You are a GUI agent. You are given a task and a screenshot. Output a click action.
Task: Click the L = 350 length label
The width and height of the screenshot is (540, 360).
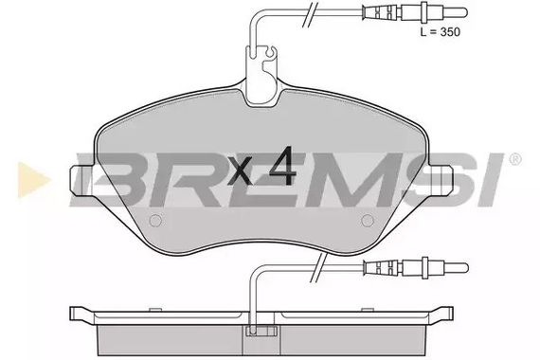pyautogui.click(x=441, y=31)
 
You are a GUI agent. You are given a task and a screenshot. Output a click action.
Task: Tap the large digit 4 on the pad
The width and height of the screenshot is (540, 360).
pyautogui.click(x=282, y=166)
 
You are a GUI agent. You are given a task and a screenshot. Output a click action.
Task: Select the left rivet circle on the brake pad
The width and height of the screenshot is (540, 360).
pyautogui.click(x=155, y=221)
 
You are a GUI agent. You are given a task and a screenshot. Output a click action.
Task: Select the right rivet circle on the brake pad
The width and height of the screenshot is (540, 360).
pyautogui.click(x=368, y=221)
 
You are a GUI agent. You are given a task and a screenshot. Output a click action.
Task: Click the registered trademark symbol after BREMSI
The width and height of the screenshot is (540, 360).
pyautogui.click(x=514, y=159)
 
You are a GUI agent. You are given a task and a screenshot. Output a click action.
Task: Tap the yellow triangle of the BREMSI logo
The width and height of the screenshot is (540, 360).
pyautogui.click(x=34, y=179)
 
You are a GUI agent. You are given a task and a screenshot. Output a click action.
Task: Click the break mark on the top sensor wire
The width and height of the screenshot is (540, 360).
pyautogui.click(x=309, y=14)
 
